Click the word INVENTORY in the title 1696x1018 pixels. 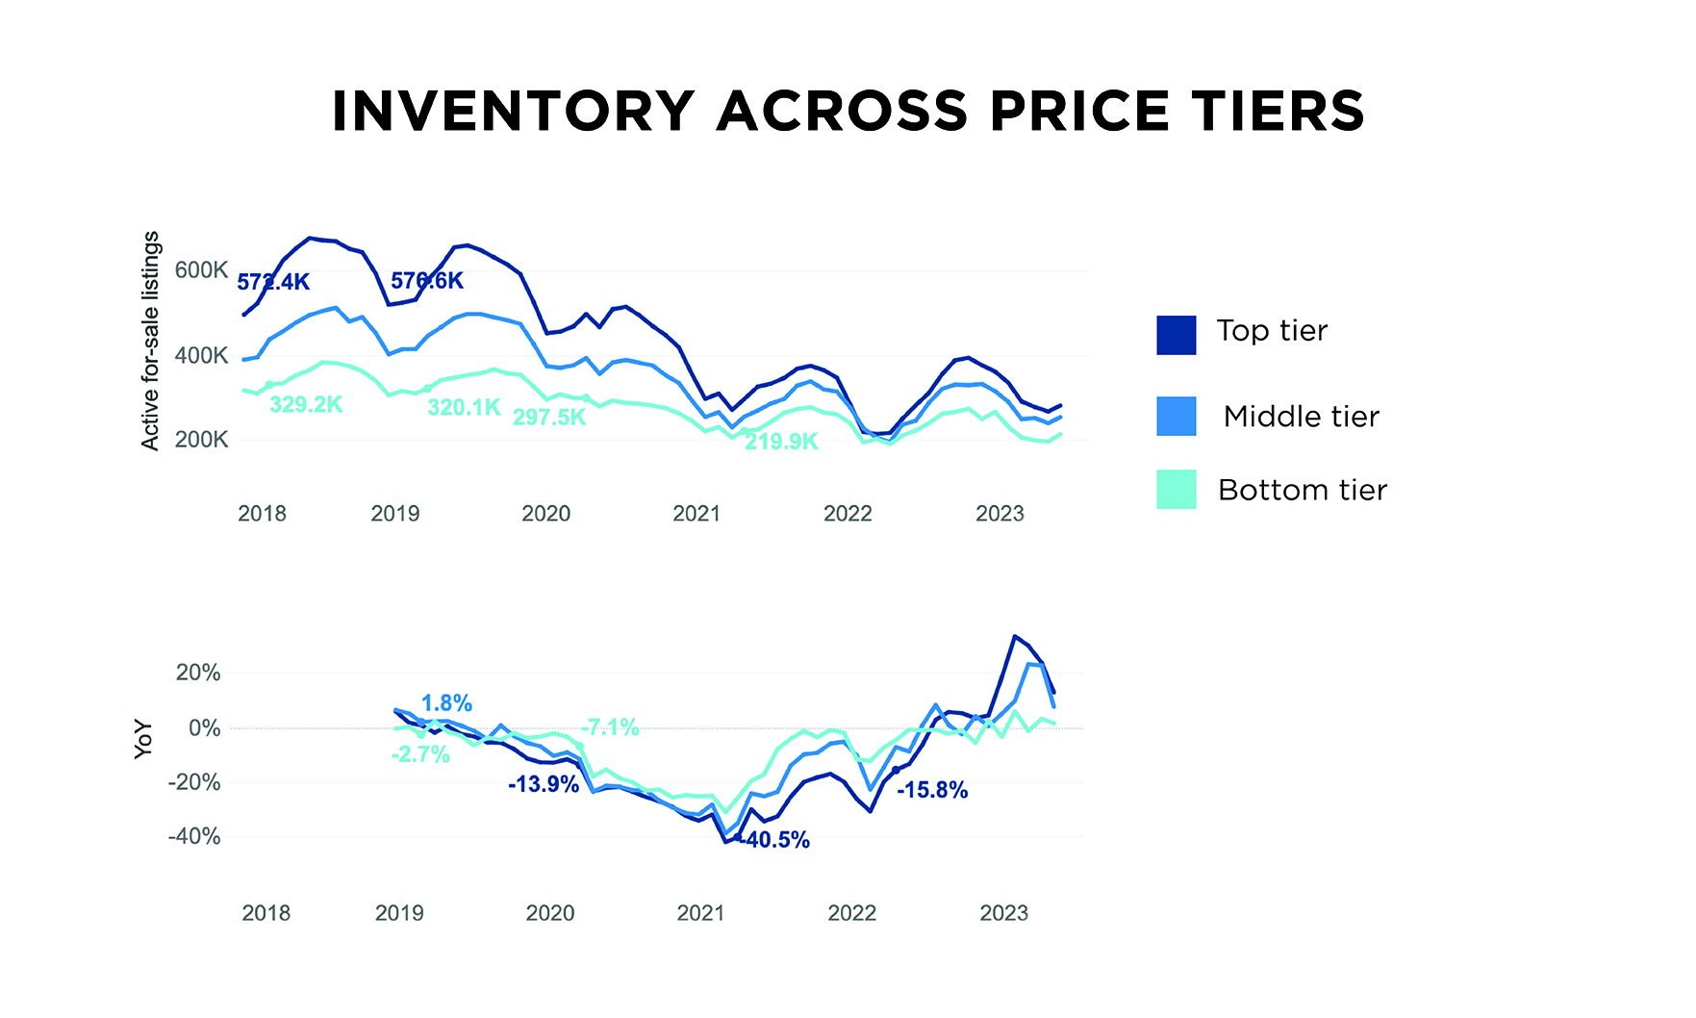513,112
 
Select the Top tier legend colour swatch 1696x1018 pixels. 1176,335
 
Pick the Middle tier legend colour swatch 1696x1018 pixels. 1176,416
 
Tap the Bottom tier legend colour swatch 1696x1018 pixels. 1176,489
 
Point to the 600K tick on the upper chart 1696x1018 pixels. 201,270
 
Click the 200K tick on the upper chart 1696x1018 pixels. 201,441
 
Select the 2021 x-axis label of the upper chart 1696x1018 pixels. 696,514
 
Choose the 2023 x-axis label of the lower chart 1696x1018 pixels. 1003,913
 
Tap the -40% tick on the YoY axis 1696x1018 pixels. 193,837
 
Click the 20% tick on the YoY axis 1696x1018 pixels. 197,673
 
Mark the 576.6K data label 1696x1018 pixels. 427,281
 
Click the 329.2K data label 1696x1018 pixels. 306,405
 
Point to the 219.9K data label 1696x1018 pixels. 781,443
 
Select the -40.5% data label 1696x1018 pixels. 774,841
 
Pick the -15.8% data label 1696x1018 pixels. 932,791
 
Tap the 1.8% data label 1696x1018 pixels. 446,703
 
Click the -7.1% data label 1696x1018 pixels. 610,727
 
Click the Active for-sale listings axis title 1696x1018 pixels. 150,341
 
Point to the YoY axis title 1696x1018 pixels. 143,739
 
